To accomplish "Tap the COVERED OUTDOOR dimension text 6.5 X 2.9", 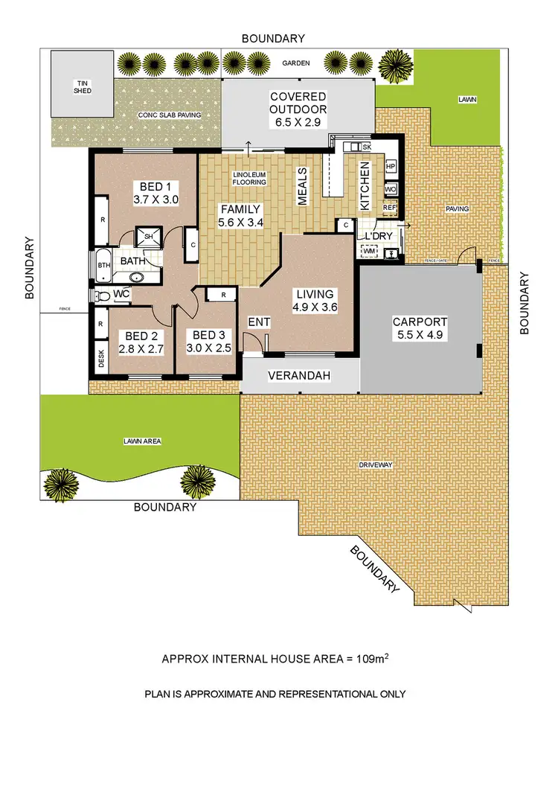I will [298, 112].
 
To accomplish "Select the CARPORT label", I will [420, 322].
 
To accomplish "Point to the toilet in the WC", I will [103, 296].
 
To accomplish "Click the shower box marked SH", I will [148, 236].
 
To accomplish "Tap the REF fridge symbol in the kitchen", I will [391, 208].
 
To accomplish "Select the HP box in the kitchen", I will [391, 166].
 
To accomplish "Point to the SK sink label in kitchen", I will [367, 147].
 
